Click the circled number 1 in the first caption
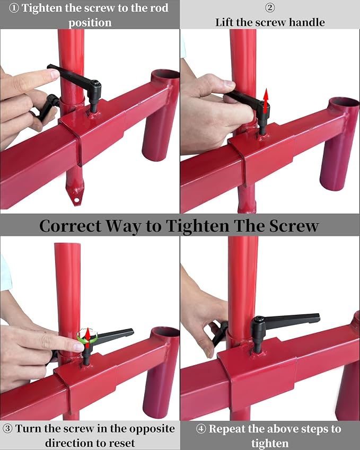pyautogui.click(x=14, y=8)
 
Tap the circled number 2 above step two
pyautogui.click(x=269, y=7)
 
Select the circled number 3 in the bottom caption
pyautogui.click(x=7, y=429)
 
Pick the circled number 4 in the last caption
pyautogui.click(x=201, y=429)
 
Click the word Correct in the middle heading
pyautogui.click(x=71, y=226)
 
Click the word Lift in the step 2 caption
pyautogui.click(x=224, y=22)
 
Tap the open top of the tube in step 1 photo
pyautogui.click(x=165, y=74)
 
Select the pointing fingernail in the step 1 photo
pyautogui.click(x=54, y=74)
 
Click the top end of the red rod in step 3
pyautogui.click(x=67, y=244)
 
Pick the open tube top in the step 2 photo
pyautogui.click(x=344, y=102)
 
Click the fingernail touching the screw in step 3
pyautogui.click(x=78, y=347)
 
